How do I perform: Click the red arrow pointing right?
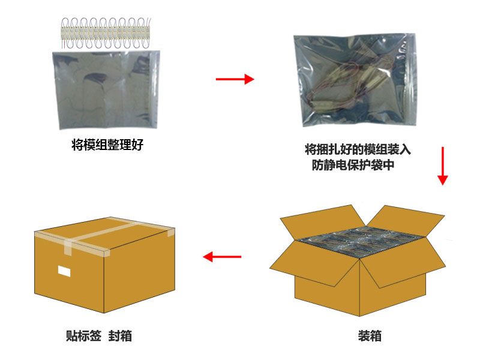235,79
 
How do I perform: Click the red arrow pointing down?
442,166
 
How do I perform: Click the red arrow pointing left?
222,257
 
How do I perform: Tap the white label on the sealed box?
64,271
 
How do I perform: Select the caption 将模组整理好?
107,145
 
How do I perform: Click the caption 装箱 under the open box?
370,336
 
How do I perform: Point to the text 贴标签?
83,336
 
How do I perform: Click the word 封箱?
121,336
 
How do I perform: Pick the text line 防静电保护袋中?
353,165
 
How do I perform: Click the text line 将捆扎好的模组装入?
358,149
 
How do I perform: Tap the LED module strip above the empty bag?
106,33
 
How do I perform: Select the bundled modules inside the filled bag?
350,84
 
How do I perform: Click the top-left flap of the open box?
322,222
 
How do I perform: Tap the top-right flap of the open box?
406,220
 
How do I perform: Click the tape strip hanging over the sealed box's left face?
68,247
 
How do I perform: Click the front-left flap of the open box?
316,263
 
